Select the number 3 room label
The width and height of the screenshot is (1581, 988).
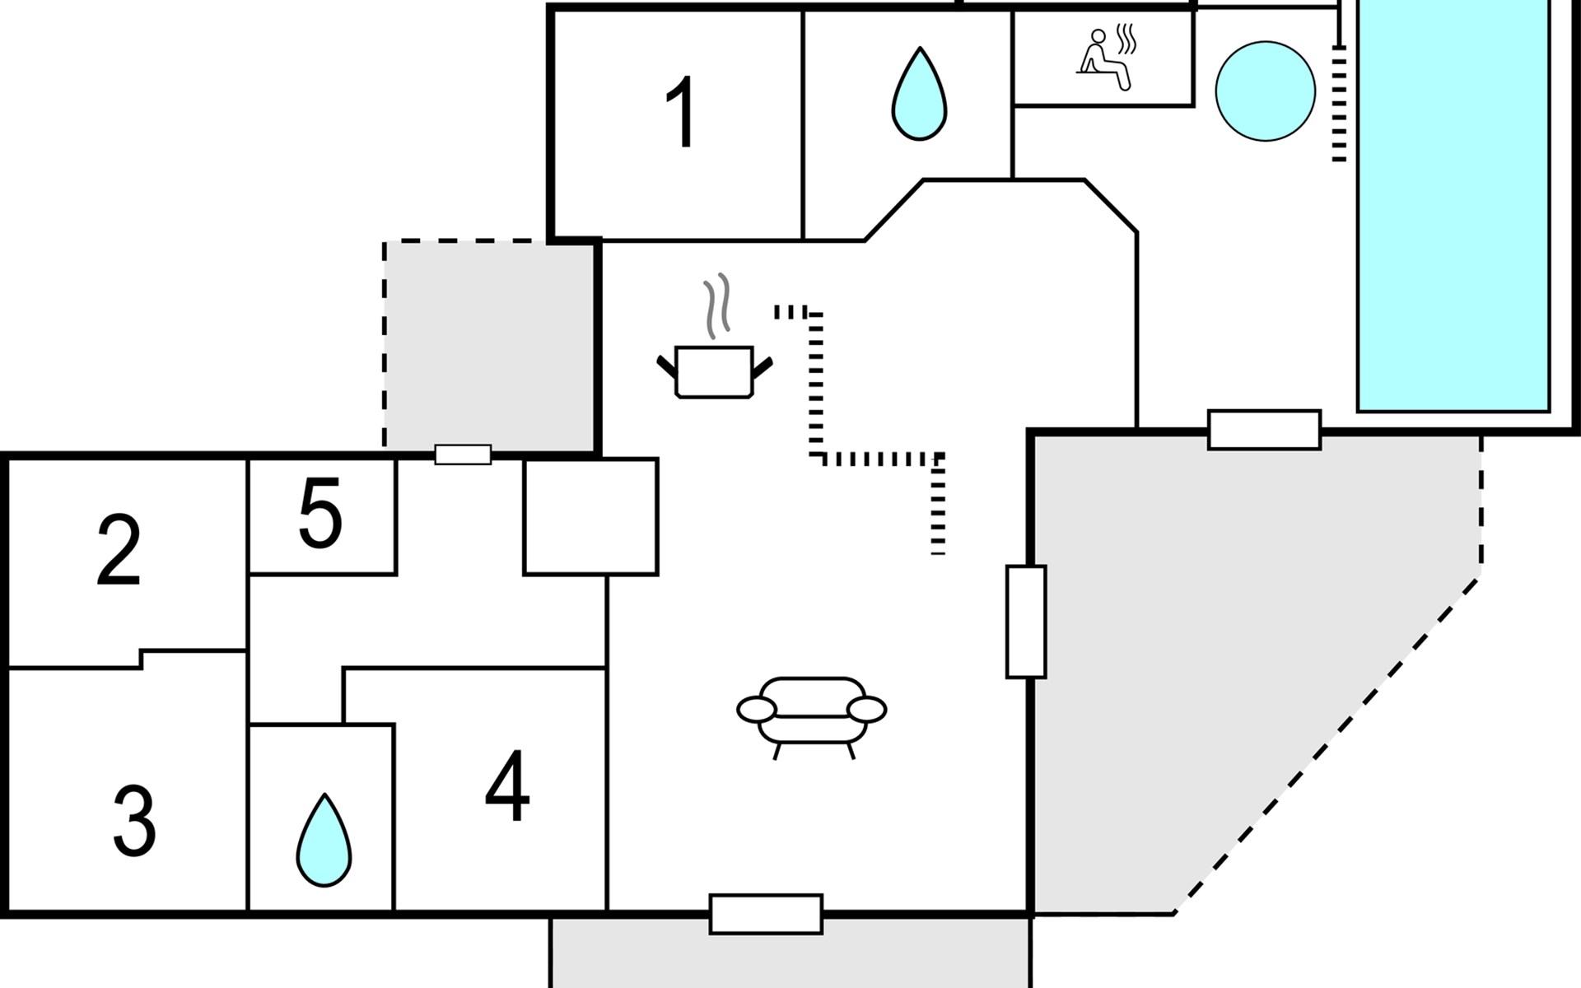tap(134, 821)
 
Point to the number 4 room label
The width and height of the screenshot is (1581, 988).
tap(507, 786)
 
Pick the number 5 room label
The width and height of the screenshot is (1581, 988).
tap(320, 515)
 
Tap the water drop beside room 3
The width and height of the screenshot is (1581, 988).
tap(324, 841)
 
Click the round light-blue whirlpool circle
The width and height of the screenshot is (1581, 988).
tap(1265, 91)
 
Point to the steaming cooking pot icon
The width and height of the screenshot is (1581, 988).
tap(714, 370)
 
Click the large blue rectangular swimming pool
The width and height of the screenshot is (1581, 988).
tap(1453, 206)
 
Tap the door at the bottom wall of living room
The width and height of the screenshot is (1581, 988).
tap(766, 914)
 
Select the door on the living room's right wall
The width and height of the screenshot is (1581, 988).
tap(1026, 622)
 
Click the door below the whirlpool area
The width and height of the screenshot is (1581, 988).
tap(1264, 430)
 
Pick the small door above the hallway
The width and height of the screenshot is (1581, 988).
tap(463, 454)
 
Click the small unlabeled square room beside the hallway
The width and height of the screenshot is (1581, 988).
tap(590, 516)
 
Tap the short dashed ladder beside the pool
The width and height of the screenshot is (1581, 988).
tap(1339, 103)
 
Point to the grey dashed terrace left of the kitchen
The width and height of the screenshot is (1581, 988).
tap(490, 346)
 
